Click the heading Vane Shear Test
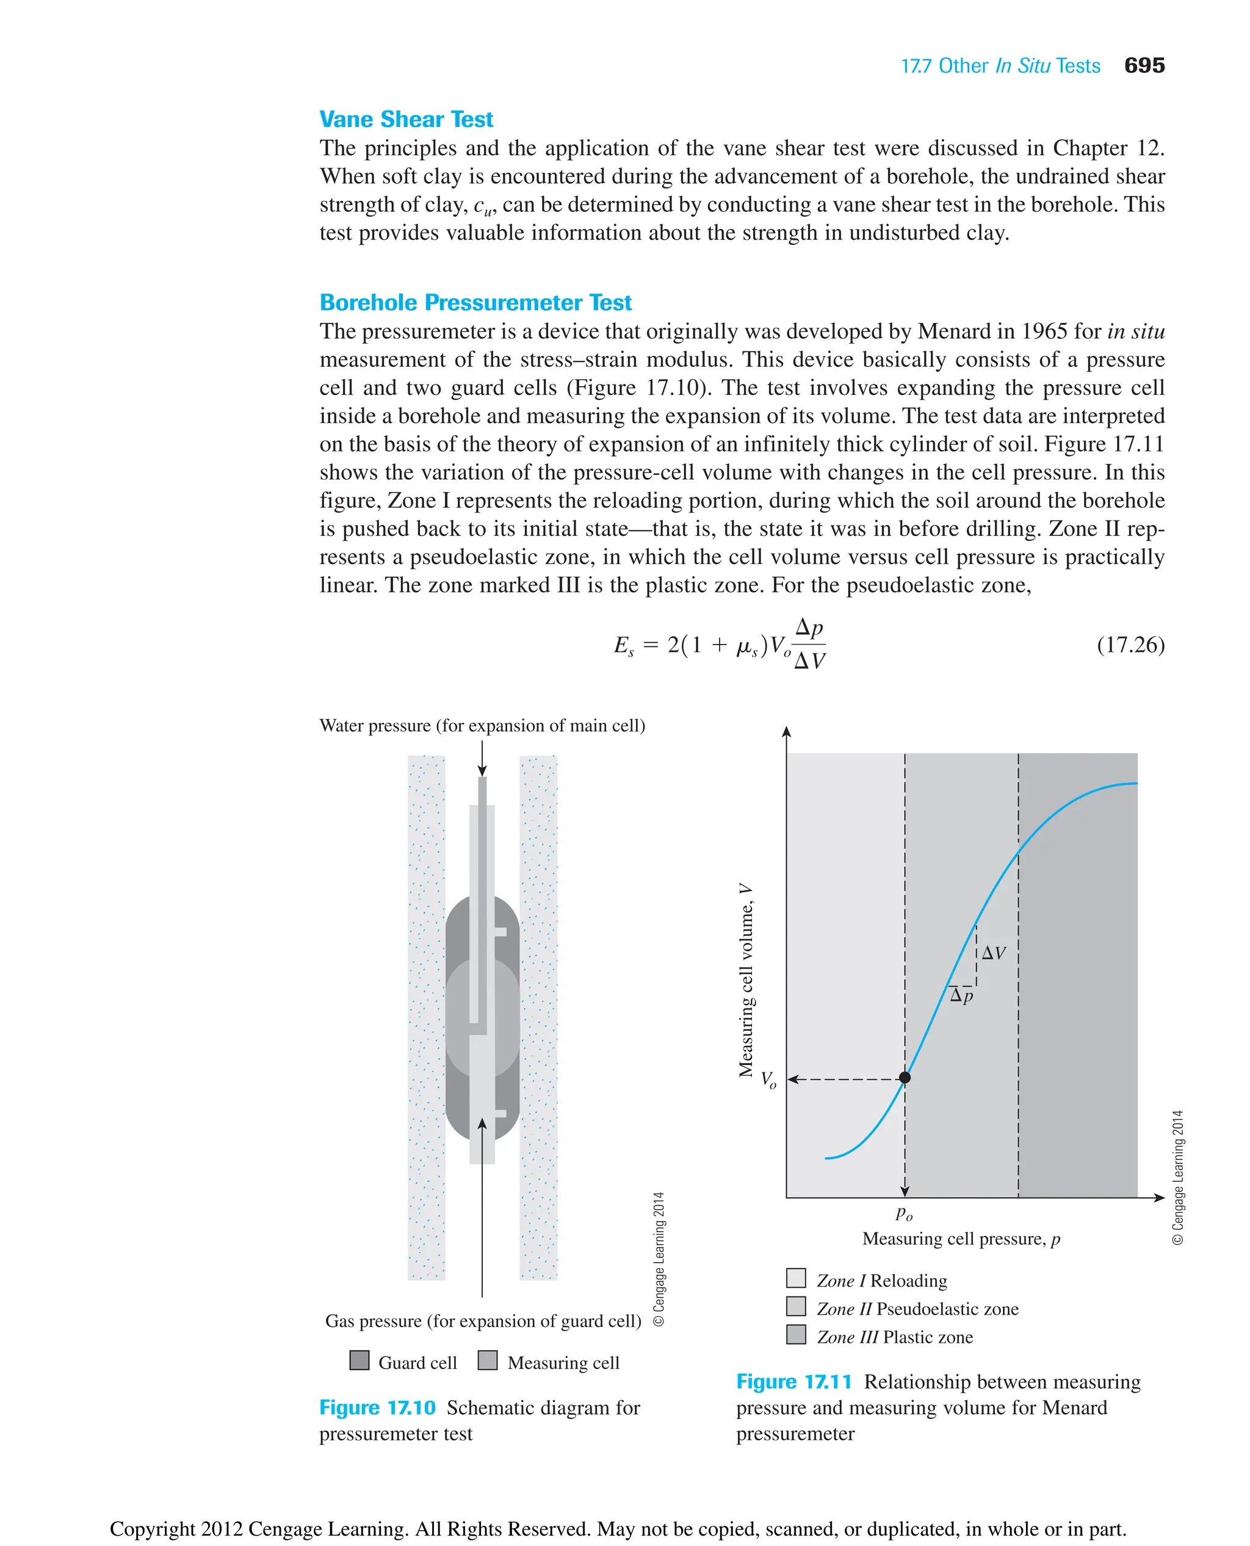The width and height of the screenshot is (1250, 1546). [406, 119]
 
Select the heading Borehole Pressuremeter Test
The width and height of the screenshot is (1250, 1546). [475, 303]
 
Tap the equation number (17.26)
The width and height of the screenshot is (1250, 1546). [1130, 645]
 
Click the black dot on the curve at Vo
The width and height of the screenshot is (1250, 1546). [905, 1078]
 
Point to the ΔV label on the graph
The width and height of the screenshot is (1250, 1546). [994, 953]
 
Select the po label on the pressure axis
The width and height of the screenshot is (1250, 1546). [905, 1213]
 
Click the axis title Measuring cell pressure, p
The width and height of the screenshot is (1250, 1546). [961, 1238]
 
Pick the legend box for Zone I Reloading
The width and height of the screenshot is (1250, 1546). [796, 1278]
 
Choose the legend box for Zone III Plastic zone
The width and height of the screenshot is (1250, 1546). [796, 1334]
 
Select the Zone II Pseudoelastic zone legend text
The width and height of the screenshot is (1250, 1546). [917, 1309]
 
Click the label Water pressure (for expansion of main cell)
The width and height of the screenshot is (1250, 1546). [482, 725]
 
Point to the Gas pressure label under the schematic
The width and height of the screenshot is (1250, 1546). [482, 1321]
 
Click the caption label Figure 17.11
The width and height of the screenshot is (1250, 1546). [793, 1382]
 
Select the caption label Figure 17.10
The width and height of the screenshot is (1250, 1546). [377, 1407]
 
